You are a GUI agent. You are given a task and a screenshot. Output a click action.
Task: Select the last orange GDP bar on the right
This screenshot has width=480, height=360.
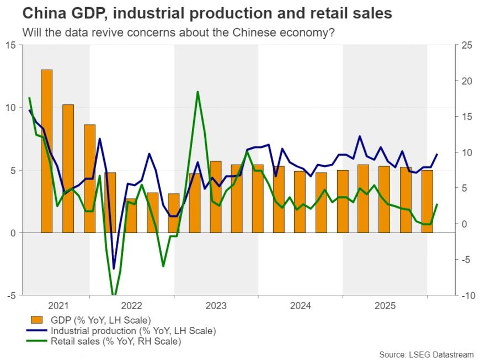[428, 202]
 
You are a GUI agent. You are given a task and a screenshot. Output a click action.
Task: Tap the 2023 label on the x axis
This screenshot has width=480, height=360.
[216, 305]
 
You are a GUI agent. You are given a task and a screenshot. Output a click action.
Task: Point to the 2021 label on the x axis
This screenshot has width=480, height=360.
[58, 305]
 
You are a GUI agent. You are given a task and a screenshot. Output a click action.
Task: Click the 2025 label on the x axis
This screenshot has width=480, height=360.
[385, 305]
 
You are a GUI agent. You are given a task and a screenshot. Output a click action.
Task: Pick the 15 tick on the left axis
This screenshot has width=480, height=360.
[11, 45]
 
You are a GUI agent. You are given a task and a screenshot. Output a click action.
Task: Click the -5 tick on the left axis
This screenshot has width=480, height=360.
[11, 296]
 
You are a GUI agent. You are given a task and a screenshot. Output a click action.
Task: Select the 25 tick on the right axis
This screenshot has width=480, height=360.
[467, 45]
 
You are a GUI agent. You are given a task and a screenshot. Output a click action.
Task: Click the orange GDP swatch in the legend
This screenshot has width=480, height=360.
[36, 320]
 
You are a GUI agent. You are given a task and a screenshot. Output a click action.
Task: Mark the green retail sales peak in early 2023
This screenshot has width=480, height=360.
[198, 92]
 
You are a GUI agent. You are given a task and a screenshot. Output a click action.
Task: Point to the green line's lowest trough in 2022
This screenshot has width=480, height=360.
[114, 296]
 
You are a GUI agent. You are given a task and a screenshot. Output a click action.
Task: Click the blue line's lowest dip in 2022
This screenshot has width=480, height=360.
[114, 269]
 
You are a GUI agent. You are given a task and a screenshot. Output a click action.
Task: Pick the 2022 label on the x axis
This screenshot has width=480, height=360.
[132, 305]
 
